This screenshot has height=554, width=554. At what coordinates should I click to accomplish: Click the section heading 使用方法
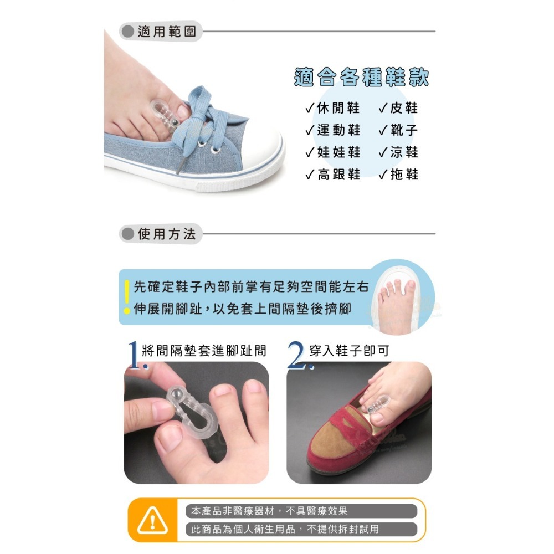pyautogui.click(x=166, y=234)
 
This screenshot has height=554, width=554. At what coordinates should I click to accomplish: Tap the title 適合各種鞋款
pyautogui.click(x=361, y=78)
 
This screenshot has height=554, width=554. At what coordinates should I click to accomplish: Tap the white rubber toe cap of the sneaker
pyautogui.click(x=260, y=152)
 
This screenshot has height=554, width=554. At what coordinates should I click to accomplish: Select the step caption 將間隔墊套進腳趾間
pyautogui.click(x=204, y=351)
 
